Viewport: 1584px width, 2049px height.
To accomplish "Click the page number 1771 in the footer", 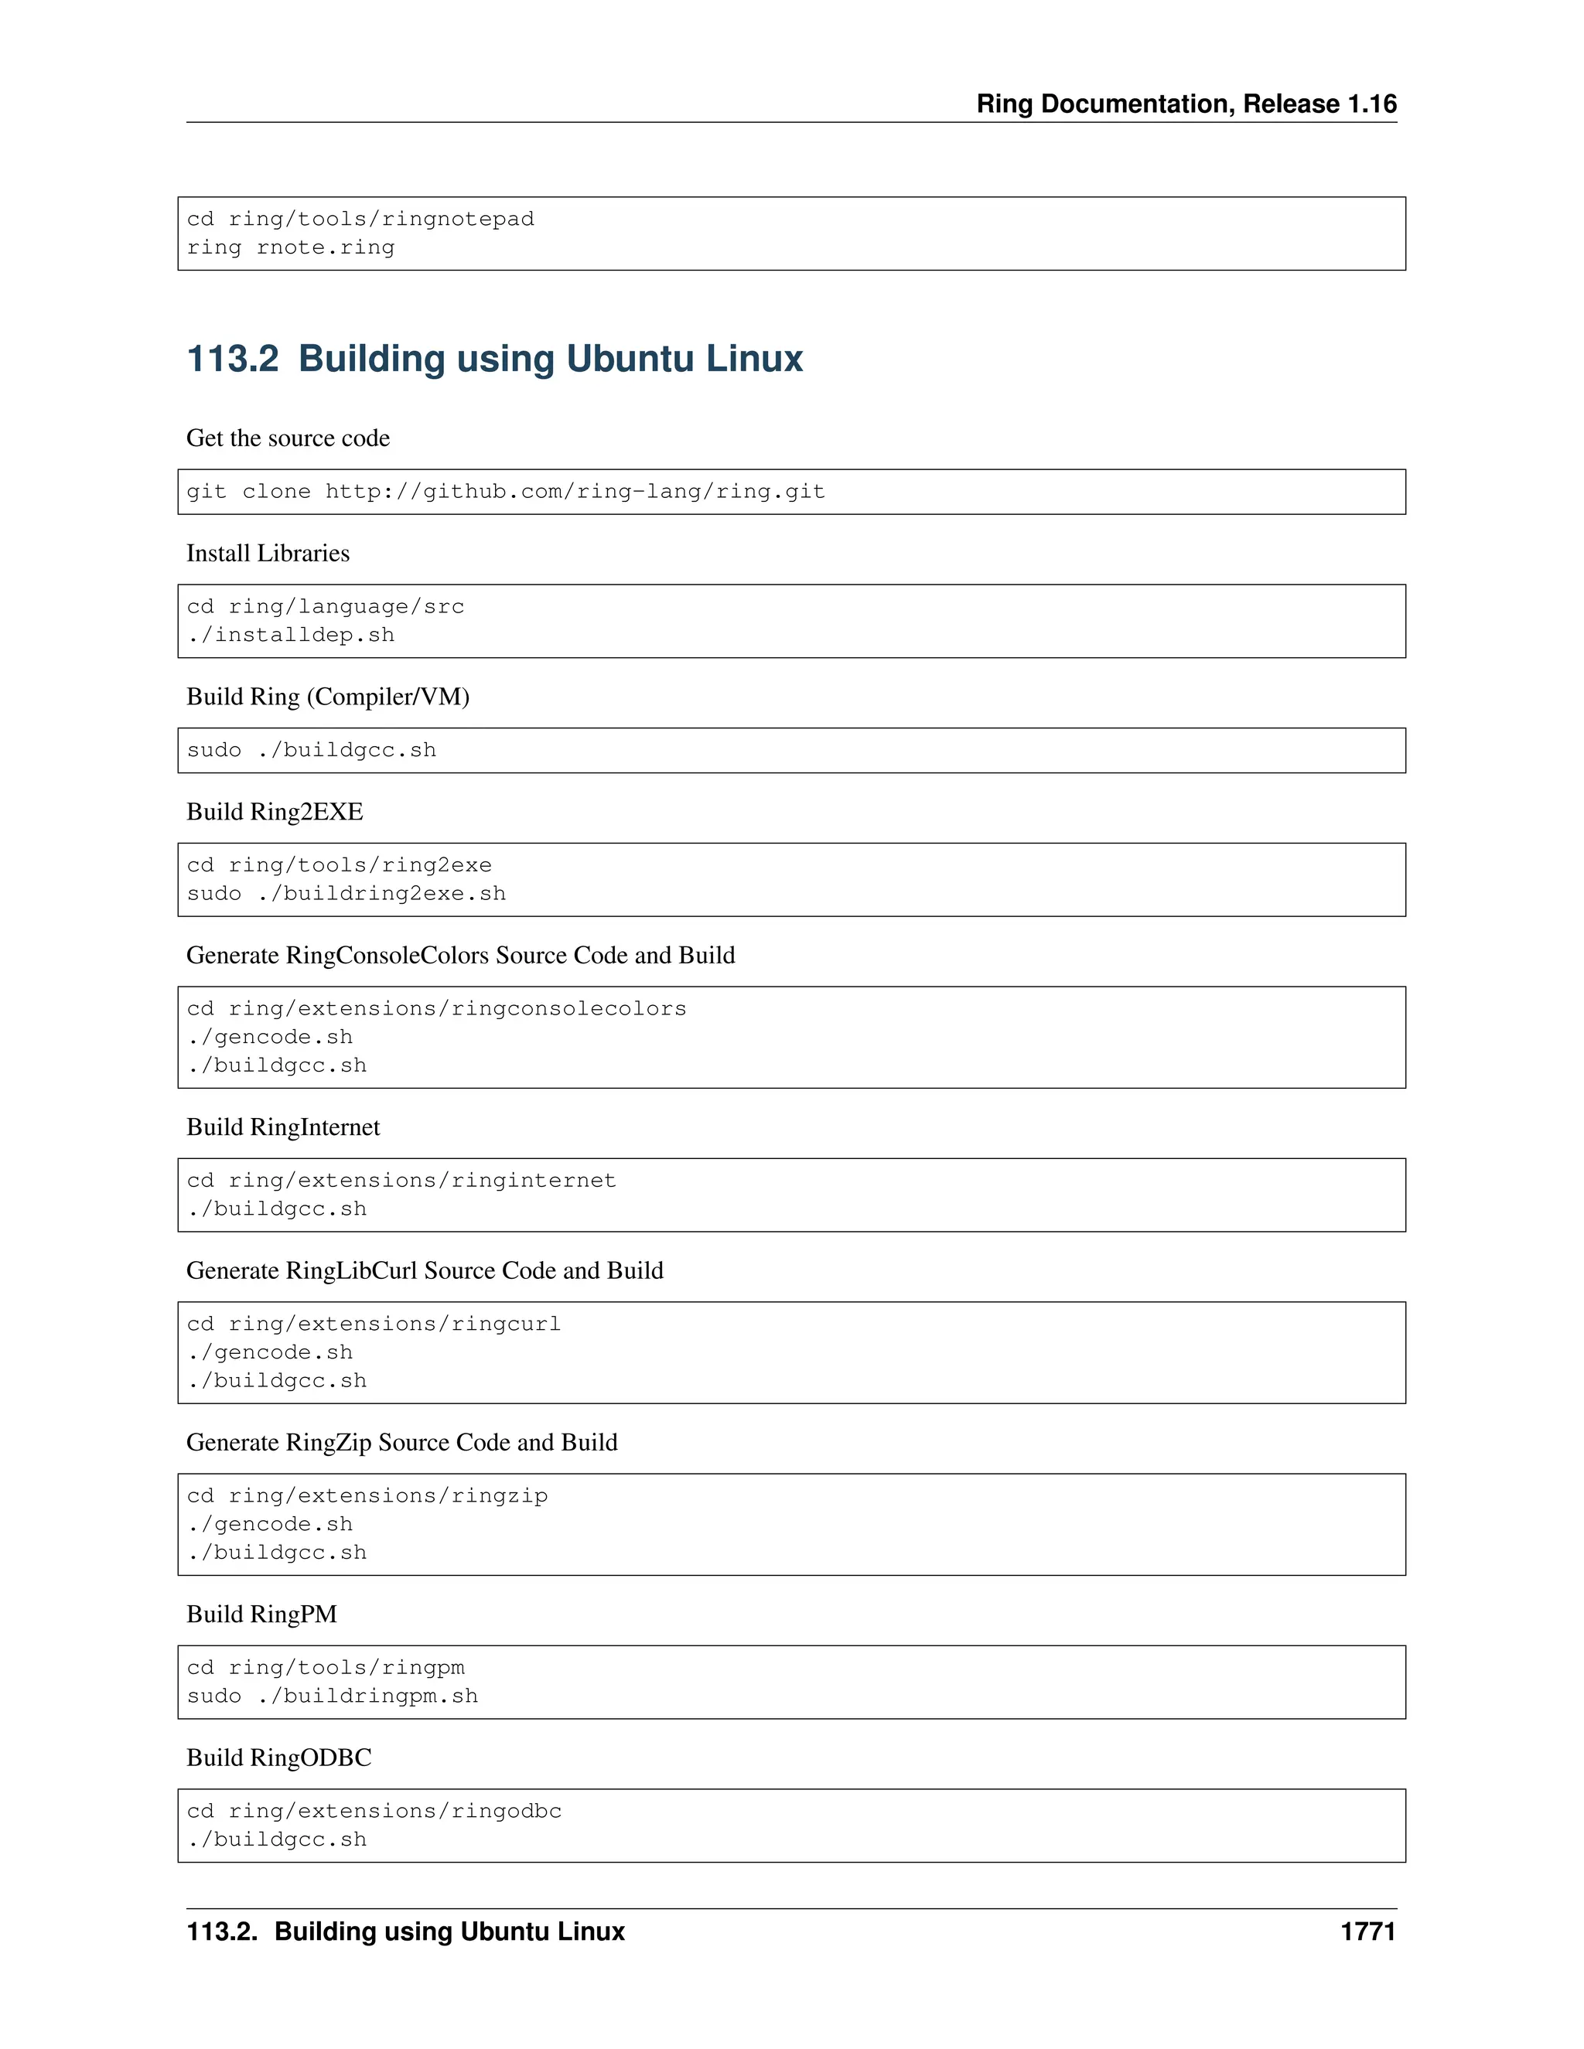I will pos(1367,1931).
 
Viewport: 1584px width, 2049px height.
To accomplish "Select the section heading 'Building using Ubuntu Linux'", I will pos(550,359).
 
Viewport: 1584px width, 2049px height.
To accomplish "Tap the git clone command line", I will pos(506,492).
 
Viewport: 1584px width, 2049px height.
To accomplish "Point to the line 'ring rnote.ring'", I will pos(291,247).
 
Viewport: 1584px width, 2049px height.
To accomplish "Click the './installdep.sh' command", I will pos(291,635).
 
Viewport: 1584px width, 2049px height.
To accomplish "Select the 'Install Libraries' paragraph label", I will pos(268,554).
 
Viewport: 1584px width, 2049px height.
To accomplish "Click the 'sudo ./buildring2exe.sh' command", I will pos(346,893).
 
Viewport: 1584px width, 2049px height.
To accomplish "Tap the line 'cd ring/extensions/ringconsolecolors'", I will pos(436,1008).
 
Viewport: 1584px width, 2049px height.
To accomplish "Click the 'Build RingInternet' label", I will pos(283,1127).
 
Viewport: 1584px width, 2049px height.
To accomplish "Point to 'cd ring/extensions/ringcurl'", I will pos(374,1324).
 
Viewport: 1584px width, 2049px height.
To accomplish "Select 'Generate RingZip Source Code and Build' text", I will pos(401,1442).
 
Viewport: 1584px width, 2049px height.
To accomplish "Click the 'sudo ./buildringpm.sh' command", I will pos(332,1696).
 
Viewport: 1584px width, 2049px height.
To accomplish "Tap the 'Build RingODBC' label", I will pos(278,1758).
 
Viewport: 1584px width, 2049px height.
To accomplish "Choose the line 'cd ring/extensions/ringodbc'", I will pos(374,1811).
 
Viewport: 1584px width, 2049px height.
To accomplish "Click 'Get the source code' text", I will pos(288,438).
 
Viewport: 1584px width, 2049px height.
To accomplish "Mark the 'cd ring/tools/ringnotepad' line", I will pos(360,219).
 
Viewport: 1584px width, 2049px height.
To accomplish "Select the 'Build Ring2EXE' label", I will pos(275,812).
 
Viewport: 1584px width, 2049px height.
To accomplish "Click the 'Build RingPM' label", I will pos(262,1614).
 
